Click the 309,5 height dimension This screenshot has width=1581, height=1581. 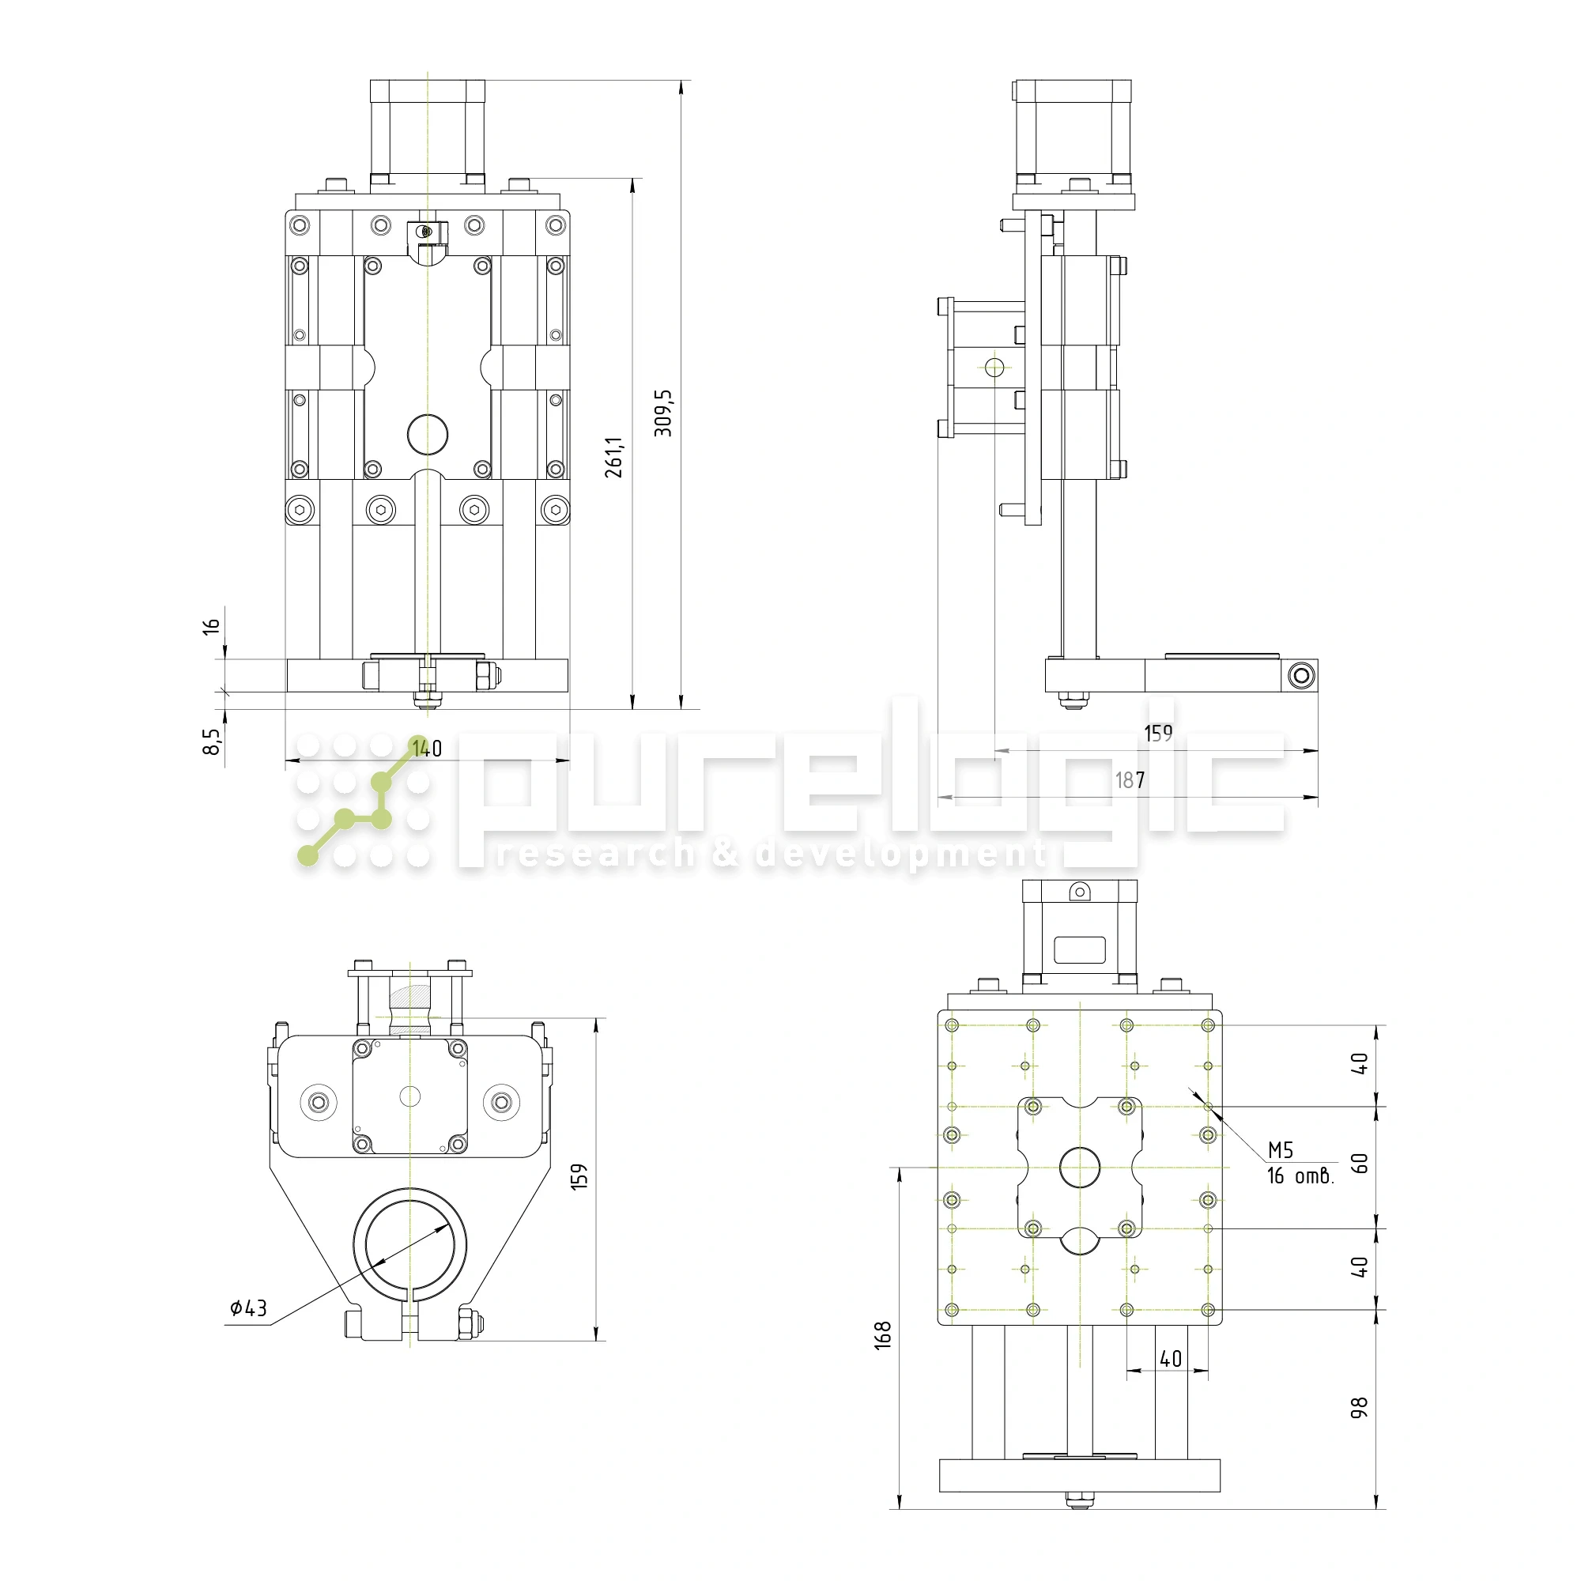(x=664, y=413)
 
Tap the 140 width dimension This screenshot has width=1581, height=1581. (x=427, y=749)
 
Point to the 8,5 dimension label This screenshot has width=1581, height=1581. (x=211, y=741)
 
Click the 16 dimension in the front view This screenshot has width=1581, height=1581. (x=211, y=627)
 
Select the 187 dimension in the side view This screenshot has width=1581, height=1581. (x=1130, y=781)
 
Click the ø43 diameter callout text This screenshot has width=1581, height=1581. (x=249, y=1307)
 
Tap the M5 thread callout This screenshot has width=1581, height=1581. (x=1280, y=1150)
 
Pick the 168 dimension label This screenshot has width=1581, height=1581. (x=882, y=1335)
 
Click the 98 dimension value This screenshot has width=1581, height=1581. (x=1358, y=1408)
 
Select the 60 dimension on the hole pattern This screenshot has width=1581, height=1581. (x=1358, y=1163)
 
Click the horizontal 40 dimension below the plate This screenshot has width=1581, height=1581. (x=1170, y=1358)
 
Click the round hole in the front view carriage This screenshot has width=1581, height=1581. (x=427, y=435)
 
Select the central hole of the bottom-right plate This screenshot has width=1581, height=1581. (x=1079, y=1167)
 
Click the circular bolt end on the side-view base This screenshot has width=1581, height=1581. (x=1301, y=676)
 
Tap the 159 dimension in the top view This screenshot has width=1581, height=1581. (x=579, y=1177)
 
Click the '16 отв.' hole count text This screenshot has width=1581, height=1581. (x=1300, y=1176)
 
